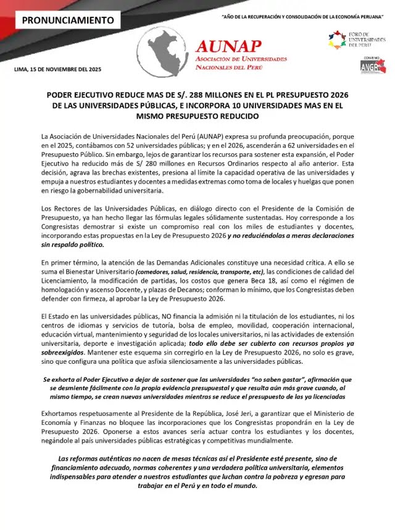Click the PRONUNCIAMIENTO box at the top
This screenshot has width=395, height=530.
tap(68, 20)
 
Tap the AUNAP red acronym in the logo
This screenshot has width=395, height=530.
tap(228, 45)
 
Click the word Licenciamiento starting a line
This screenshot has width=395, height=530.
tap(67, 282)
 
